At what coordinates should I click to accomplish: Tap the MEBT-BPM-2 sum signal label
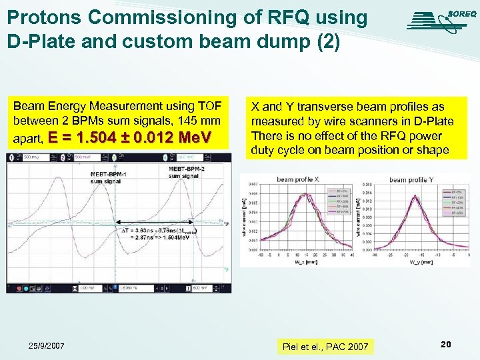pyautogui.click(x=183, y=173)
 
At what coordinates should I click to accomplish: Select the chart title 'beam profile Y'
pyautogui.click(x=411, y=179)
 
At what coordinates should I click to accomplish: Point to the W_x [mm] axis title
pyautogui.click(x=302, y=261)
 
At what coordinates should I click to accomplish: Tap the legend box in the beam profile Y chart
pyautogui.click(x=456, y=200)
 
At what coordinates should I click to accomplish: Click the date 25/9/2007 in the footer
pyautogui.click(x=46, y=346)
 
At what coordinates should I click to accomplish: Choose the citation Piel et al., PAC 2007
pyautogui.click(x=325, y=347)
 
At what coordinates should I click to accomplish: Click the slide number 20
pyautogui.click(x=446, y=344)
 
